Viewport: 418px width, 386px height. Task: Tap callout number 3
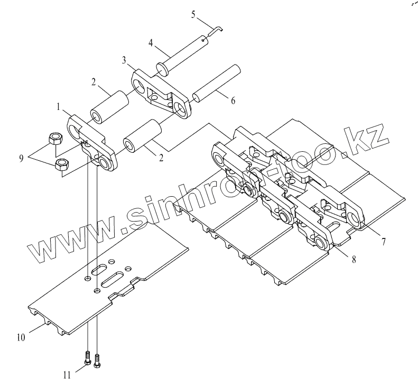[x=124, y=61]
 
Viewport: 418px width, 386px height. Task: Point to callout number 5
[x=193, y=13]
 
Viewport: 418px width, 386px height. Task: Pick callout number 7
[x=384, y=242]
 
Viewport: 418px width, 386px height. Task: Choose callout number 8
[x=353, y=260]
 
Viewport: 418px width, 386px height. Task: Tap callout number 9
[x=22, y=157]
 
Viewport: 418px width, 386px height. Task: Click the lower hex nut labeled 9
[x=61, y=166]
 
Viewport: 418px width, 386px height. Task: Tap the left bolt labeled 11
[x=87, y=358]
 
